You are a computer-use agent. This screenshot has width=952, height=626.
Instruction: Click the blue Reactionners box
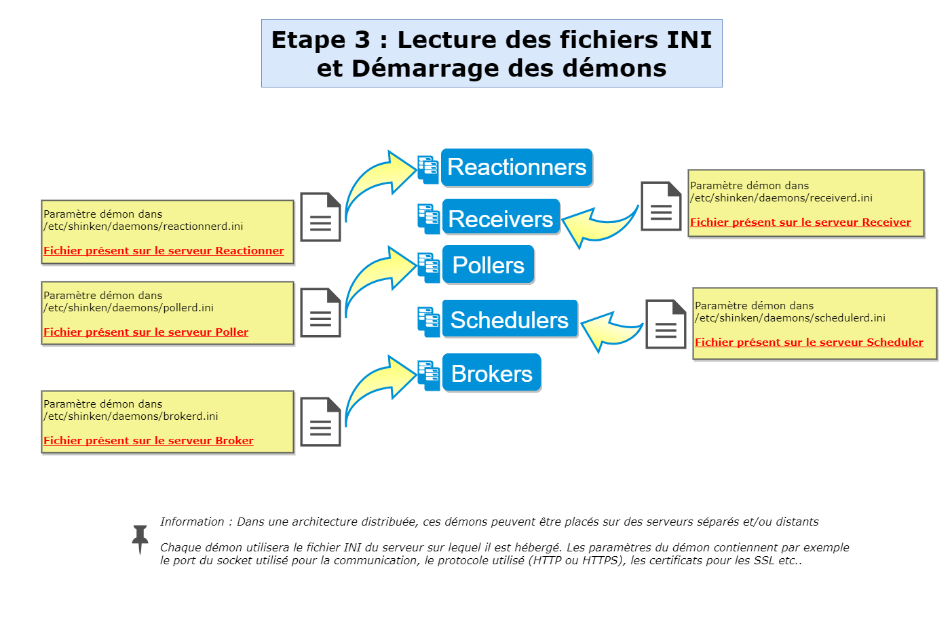(516, 168)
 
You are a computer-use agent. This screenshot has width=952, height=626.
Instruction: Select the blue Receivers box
(501, 219)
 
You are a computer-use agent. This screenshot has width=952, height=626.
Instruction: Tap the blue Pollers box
(488, 265)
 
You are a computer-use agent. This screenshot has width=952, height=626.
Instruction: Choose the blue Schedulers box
(509, 319)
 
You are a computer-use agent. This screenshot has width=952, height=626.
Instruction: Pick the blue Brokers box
(491, 374)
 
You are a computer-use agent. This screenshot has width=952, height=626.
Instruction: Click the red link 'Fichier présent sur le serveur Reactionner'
(164, 251)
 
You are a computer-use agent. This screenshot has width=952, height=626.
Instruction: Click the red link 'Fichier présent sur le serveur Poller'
(146, 332)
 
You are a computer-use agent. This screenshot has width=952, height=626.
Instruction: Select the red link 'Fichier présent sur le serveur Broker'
(149, 441)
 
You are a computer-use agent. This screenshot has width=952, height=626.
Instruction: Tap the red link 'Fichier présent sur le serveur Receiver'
(800, 222)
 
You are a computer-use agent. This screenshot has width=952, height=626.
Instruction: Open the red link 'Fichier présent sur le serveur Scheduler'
(809, 343)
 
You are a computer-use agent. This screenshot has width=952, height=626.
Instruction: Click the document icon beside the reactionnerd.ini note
(320, 217)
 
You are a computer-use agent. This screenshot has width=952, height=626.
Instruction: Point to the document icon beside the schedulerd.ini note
(666, 324)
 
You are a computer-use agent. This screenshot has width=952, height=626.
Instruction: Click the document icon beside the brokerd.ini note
(320, 422)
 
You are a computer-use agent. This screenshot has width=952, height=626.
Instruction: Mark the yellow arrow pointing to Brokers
(377, 386)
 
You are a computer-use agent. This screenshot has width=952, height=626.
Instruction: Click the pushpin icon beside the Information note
(140, 539)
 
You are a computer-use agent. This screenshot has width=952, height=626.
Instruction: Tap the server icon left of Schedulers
(428, 321)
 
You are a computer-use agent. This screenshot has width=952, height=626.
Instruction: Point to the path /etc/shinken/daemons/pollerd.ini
(128, 308)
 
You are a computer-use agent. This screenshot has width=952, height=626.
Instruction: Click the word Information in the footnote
(192, 522)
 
